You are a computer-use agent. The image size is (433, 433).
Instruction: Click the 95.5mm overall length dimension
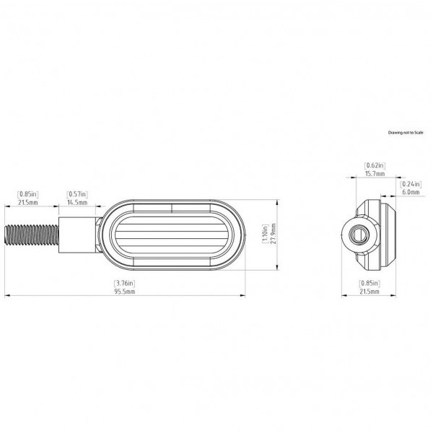(x=125, y=291)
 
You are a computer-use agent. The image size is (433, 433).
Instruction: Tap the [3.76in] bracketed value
(x=125, y=282)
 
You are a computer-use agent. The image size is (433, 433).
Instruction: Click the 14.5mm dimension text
(x=77, y=203)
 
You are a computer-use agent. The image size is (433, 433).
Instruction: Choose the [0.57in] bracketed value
(x=77, y=194)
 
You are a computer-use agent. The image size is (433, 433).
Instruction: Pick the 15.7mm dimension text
(x=374, y=174)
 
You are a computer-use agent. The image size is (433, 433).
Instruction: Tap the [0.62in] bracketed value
(x=374, y=165)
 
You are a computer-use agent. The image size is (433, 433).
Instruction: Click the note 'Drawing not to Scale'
(x=407, y=134)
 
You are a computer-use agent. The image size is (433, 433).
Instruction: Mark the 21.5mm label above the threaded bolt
(x=28, y=203)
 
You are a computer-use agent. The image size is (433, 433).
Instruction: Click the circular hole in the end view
(x=357, y=235)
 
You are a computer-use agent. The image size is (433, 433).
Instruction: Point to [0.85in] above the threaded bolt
(x=28, y=194)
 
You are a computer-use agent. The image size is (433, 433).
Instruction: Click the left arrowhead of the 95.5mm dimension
(x=7, y=295)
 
